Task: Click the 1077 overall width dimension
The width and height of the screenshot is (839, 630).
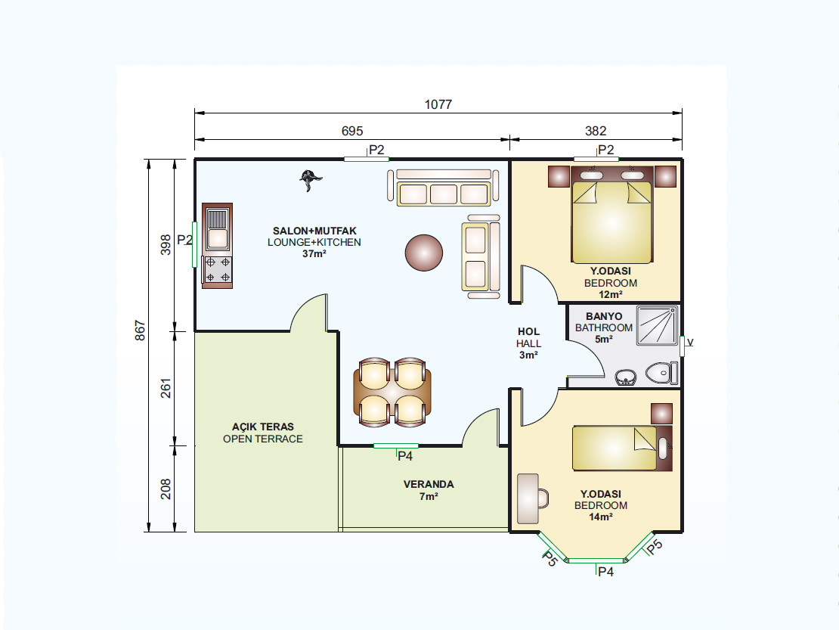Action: click(x=438, y=104)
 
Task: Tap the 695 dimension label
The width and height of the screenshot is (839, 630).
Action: click(x=352, y=131)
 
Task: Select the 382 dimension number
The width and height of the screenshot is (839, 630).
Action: click(x=596, y=131)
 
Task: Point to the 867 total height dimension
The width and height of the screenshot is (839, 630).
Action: click(x=140, y=331)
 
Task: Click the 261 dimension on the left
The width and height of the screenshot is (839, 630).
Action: click(x=166, y=389)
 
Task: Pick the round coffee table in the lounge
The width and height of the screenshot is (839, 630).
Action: click(x=424, y=253)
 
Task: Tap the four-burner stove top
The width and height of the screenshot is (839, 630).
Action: click(x=218, y=270)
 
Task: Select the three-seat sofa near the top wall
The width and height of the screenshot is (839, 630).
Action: click(x=443, y=188)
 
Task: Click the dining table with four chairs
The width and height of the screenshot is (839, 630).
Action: click(x=392, y=393)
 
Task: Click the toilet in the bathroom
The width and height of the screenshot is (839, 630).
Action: click(x=662, y=373)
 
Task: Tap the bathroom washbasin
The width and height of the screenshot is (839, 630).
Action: click(x=626, y=377)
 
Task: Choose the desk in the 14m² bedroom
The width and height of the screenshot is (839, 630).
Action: click(x=528, y=498)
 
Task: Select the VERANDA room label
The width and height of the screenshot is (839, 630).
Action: click(x=429, y=484)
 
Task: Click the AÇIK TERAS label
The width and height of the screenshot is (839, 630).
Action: click(x=263, y=427)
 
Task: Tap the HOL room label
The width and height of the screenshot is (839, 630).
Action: click(x=528, y=332)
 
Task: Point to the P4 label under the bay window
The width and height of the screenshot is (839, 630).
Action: click(x=605, y=573)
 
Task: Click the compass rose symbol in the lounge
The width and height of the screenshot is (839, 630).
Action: click(x=310, y=179)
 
